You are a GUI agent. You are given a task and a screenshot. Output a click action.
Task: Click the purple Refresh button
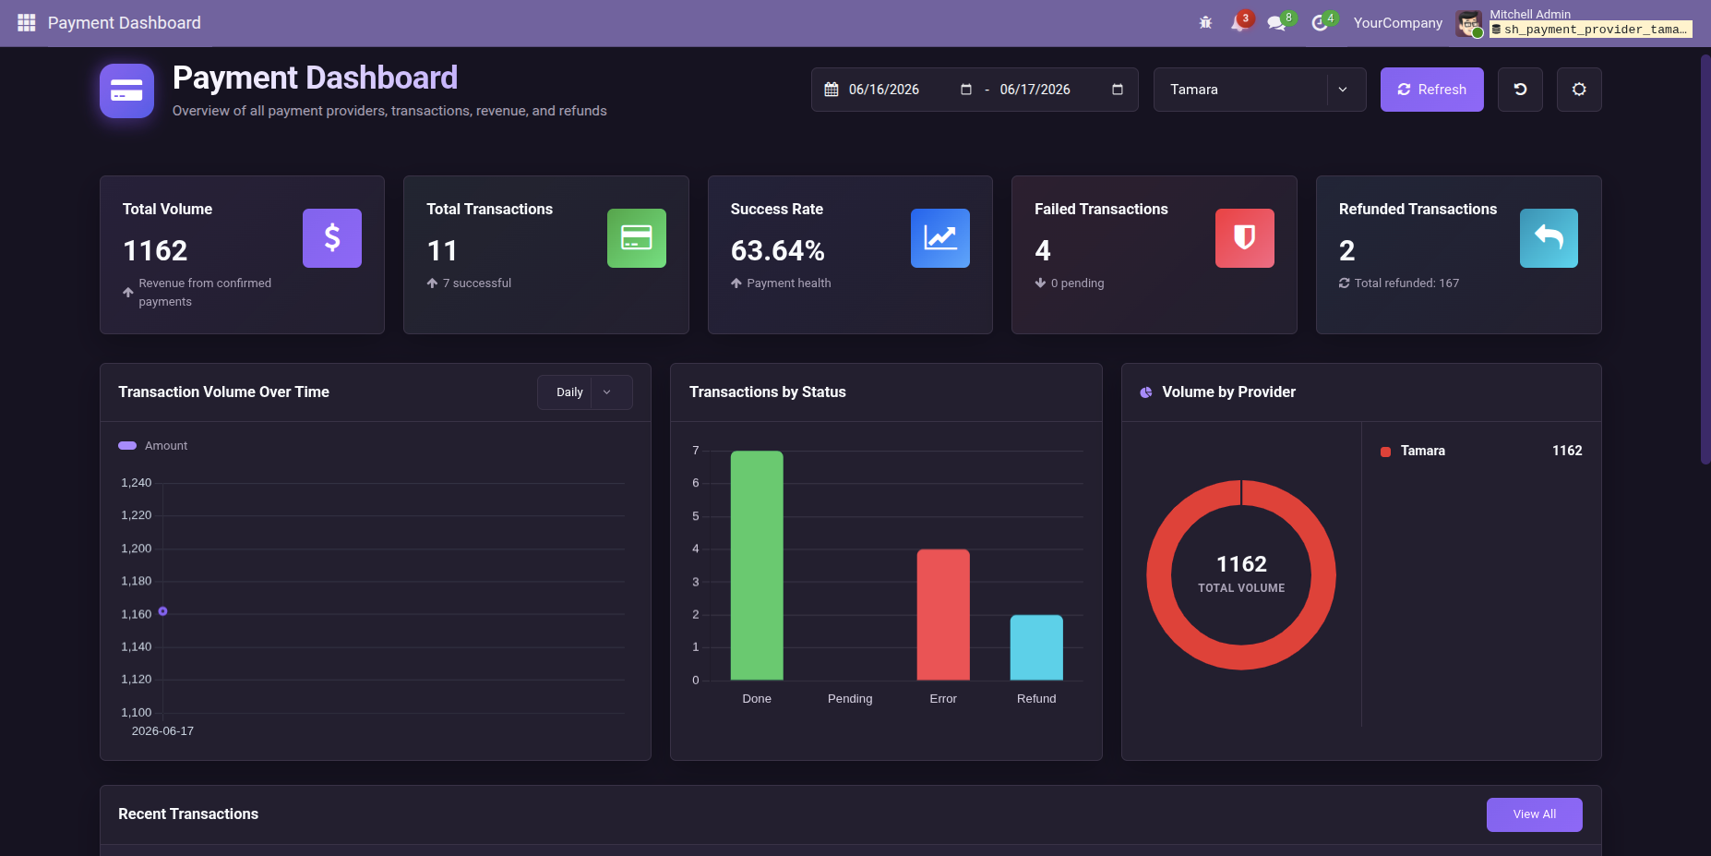coord(1431,90)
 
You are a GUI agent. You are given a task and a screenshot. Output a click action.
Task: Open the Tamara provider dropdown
coord(1259,90)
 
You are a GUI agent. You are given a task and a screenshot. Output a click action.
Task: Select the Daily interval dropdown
coord(584,392)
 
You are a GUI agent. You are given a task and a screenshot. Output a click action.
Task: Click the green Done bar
coord(757,565)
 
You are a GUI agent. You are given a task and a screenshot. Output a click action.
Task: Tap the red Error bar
coord(943,615)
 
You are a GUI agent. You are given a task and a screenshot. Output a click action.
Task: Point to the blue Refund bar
coord(1036,647)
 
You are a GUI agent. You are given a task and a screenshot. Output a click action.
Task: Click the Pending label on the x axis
coord(850,699)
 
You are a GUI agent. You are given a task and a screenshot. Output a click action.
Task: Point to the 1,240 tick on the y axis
coord(137,483)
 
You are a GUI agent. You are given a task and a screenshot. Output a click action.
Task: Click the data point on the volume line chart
coord(162,611)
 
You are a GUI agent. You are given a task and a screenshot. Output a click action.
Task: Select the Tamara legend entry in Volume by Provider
coord(1422,451)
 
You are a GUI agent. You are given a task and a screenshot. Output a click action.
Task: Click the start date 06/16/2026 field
coord(884,90)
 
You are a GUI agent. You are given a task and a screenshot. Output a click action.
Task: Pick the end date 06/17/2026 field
coord(1035,90)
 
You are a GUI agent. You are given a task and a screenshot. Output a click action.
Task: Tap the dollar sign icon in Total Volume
coord(332,238)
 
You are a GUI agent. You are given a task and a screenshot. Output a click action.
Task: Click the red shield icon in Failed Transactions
coord(1245,238)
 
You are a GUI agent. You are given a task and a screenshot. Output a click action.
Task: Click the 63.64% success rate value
coord(778,250)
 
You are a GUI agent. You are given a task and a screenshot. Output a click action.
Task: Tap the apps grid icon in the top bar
coord(27,22)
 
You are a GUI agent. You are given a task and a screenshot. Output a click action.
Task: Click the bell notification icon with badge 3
coord(1238,23)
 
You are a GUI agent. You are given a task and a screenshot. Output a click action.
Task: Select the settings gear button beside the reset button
coord(1579,90)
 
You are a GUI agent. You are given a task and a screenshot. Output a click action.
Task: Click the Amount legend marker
coord(127,446)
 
